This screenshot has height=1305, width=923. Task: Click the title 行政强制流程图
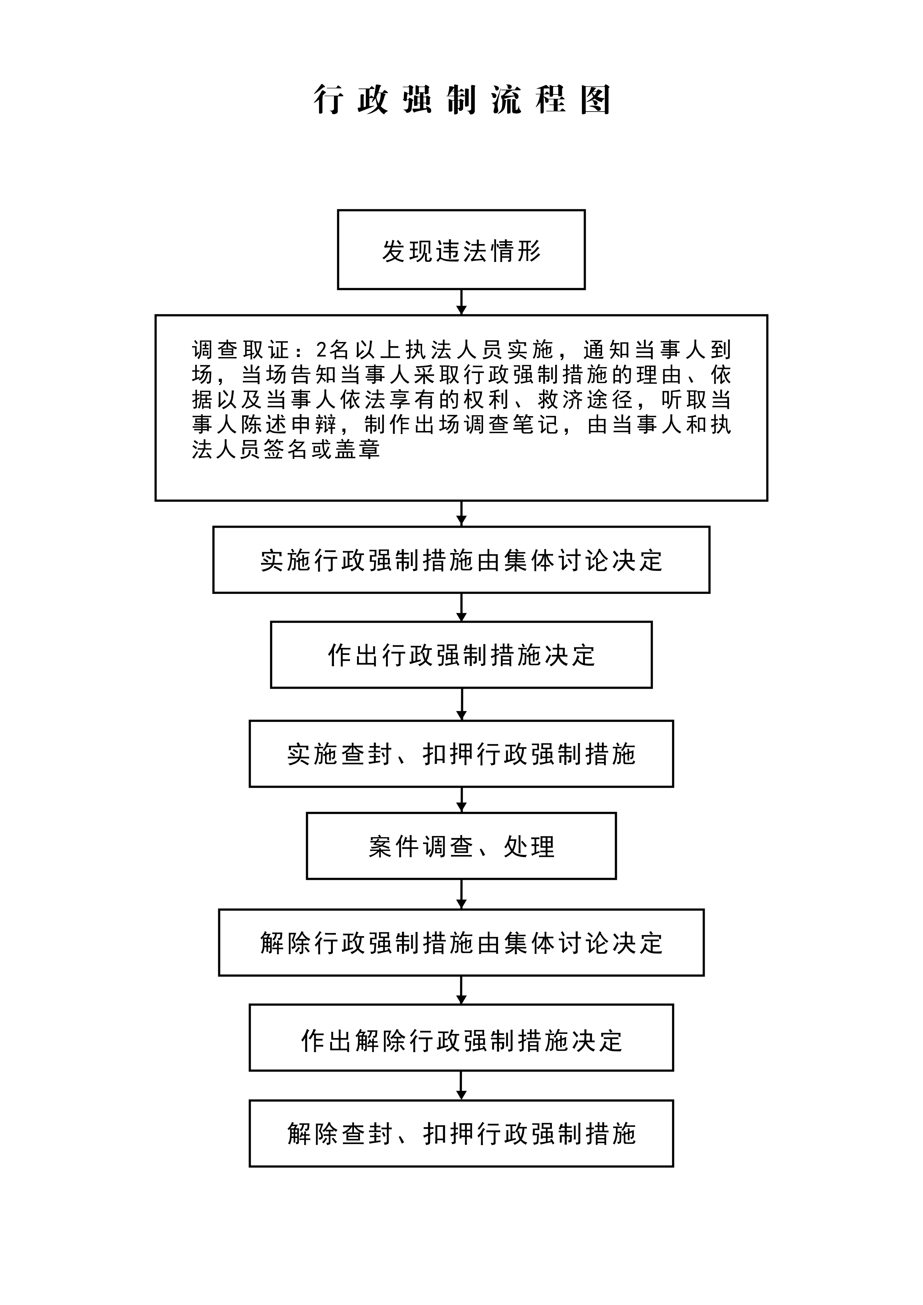461,100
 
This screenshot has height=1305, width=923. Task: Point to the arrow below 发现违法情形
461,302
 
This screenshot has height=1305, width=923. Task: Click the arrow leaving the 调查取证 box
461,513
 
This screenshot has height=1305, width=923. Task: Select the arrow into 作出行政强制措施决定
461,607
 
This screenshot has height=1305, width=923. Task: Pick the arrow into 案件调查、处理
461,800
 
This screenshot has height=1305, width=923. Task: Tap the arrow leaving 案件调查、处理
461,894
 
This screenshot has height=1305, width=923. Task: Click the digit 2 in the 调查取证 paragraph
322,350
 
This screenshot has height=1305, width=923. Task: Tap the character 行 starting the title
328,100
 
